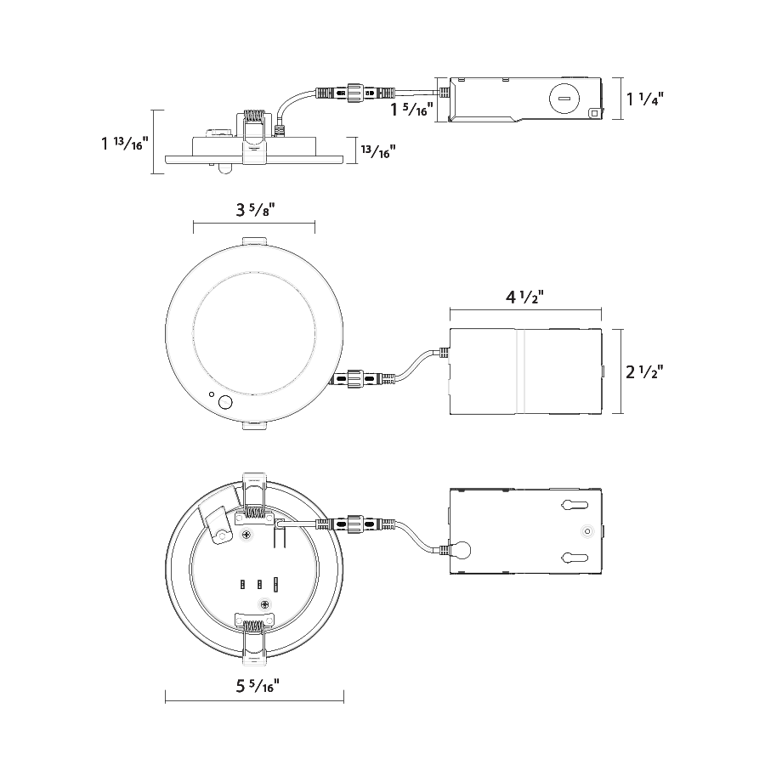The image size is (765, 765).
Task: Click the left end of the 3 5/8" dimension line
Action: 194,224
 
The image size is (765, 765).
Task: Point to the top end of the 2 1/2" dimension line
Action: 621,329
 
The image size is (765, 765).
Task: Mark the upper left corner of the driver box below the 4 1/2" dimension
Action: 450,329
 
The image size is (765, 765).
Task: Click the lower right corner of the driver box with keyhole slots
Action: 601,574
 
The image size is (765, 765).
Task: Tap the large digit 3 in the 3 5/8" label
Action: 241,210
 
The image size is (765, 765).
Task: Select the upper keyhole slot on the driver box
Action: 575,504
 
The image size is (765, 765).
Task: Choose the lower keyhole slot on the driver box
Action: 575,557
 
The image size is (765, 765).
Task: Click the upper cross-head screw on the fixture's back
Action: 246,535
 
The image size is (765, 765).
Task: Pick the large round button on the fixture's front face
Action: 225,403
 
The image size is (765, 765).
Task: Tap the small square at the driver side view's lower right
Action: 594,113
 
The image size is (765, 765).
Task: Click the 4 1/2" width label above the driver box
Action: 524,297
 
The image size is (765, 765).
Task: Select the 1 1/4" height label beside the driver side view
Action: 645,99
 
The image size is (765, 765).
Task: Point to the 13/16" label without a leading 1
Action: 378,151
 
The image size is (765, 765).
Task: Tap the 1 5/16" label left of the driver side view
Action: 411,109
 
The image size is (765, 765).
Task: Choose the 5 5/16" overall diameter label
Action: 258,685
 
